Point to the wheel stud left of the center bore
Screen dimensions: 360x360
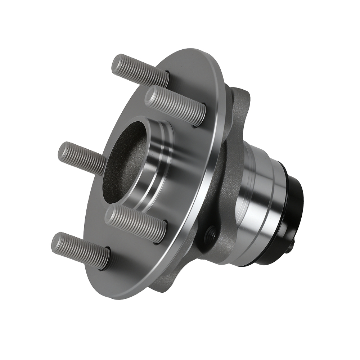point(81,158)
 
